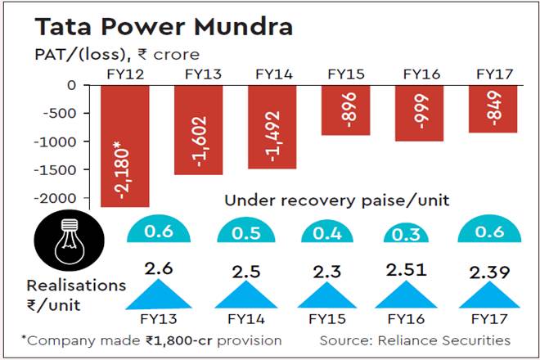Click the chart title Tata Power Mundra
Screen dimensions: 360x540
(164, 27)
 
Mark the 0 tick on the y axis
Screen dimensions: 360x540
(71, 85)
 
